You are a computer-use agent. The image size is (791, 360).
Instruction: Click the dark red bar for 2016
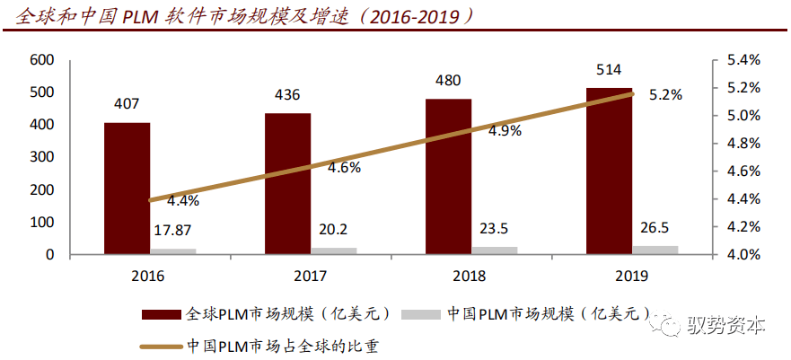[127, 189]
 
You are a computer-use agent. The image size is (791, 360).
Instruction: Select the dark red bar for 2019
[609, 171]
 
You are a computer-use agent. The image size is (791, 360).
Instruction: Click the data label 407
[127, 104]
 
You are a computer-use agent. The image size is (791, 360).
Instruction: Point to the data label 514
[609, 69]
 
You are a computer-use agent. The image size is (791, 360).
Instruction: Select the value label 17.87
[172, 230]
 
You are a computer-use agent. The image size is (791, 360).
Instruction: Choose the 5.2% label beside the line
[665, 93]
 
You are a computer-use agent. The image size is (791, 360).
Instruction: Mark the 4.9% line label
[505, 130]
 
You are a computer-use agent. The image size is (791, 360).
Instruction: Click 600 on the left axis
[42, 60]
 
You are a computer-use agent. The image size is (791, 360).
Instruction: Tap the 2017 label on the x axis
[309, 276]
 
